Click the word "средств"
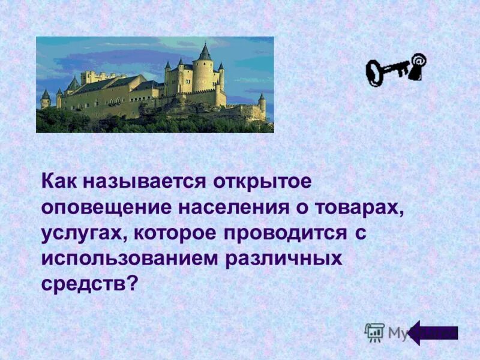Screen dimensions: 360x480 click(x=83, y=284)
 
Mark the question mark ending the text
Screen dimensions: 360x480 click(x=133, y=284)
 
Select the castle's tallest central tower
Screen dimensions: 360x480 click(x=204, y=69)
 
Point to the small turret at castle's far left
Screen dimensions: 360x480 click(x=46, y=99)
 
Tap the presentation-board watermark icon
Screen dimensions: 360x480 click(x=374, y=332)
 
